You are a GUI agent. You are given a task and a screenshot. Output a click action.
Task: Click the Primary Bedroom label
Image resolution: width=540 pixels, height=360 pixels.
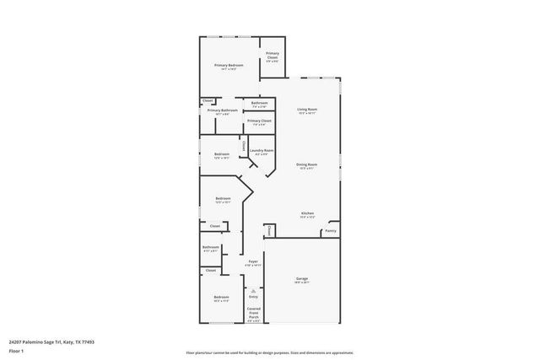[229, 66]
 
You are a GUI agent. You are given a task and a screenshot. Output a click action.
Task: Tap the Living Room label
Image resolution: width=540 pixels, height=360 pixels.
[306, 110]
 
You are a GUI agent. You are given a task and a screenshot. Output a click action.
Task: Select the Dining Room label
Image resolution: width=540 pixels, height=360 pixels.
[306, 164]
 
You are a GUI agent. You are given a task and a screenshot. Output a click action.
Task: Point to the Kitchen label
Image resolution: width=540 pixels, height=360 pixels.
[308, 213]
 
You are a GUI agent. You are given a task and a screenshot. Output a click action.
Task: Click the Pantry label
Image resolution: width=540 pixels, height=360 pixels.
[331, 230]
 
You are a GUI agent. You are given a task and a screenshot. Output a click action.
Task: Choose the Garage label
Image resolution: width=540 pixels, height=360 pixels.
[301, 278]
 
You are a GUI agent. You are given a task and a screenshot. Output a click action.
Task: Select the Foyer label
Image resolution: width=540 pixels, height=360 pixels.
[253, 262]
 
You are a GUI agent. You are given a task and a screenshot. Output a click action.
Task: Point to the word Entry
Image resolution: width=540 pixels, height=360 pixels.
[253, 296]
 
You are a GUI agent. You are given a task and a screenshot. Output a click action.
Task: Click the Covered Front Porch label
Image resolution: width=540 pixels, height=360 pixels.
[253, 313]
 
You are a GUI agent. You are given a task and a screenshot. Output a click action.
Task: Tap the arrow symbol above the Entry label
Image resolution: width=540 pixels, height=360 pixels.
[253, 287]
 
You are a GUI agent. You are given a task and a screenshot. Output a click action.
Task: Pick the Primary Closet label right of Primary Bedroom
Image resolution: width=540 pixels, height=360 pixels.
[273, 55]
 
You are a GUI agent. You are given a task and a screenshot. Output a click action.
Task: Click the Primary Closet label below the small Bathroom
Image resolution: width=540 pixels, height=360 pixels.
[260, 121]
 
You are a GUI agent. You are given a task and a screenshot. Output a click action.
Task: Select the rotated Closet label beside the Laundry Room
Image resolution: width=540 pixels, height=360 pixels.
[244, 147]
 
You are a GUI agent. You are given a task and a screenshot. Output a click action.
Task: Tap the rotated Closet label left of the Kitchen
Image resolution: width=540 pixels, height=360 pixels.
[268, 229]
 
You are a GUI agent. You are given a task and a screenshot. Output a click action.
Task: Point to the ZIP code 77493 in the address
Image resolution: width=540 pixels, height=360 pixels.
[85, 341]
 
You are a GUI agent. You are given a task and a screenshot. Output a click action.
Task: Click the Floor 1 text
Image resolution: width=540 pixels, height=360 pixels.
[16, 350]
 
